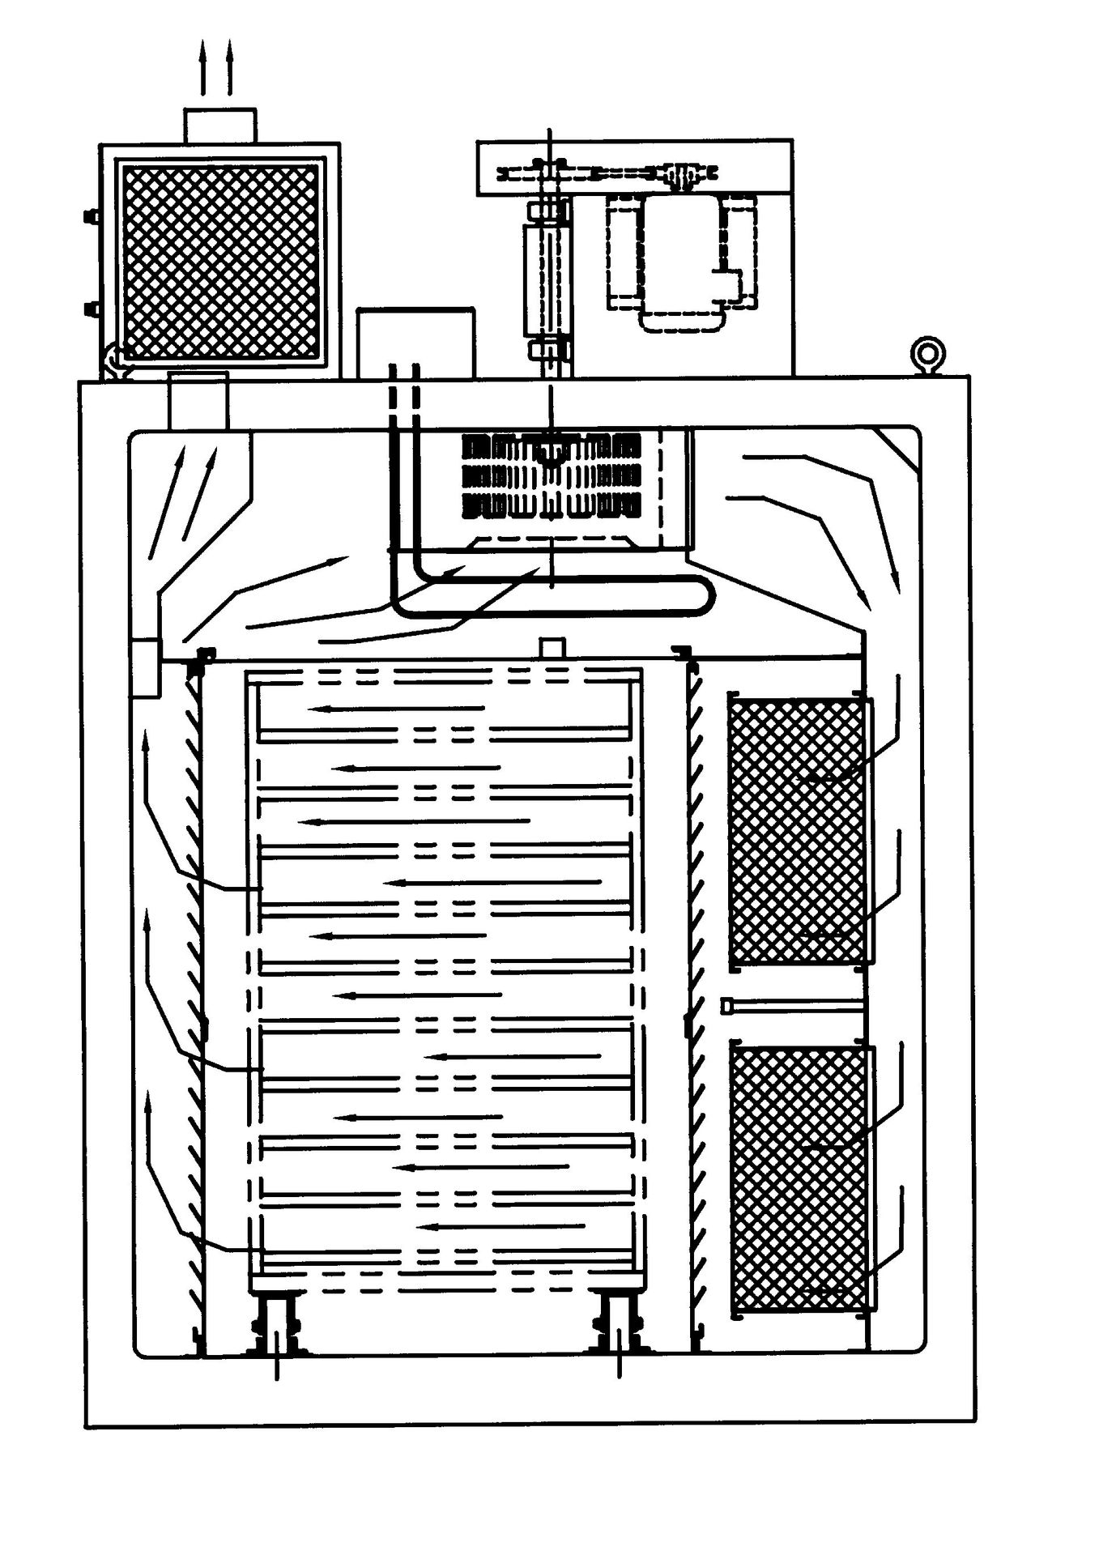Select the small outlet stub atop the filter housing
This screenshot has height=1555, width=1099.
(220, 126)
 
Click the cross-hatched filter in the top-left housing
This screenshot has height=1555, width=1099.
(219, 261)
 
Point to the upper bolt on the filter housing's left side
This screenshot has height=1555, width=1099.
(91, 216)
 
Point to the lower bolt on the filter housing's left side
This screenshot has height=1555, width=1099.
(91, 309)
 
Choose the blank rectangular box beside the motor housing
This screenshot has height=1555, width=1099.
(415, 342)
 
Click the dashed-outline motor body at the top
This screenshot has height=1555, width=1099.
(680, 263)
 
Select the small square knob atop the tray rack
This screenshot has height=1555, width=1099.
(552, 647)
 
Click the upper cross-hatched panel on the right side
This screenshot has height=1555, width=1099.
(798, 831)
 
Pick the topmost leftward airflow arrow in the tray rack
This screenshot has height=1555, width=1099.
(397, 709)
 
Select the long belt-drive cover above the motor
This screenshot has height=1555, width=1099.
(634, 167)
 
